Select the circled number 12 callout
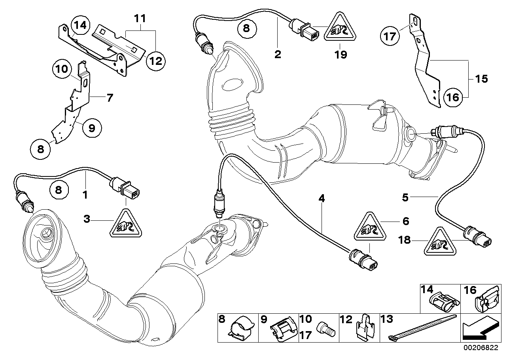pyautogui.click(x=155, y=61)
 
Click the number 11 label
pyautogui.click(x=140, y=18)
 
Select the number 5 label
pyautogui.click(x=405, y=196)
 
